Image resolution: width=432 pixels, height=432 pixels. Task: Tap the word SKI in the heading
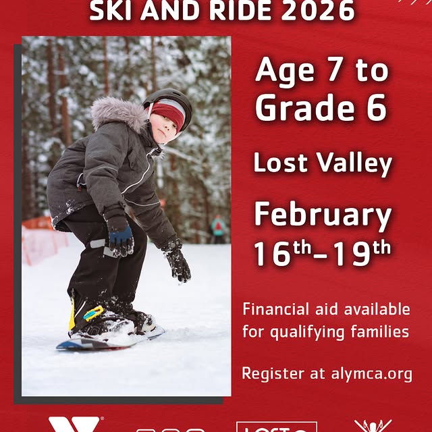pyautogui.click(x=111, y=9)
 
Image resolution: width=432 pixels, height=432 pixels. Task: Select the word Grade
pyautogui.click(x=301, y=108)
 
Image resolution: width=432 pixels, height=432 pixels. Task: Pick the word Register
pyautogui.click(x=269, y=374)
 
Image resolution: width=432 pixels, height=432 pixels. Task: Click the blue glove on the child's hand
pyautogui.click(x=122, y=238)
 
